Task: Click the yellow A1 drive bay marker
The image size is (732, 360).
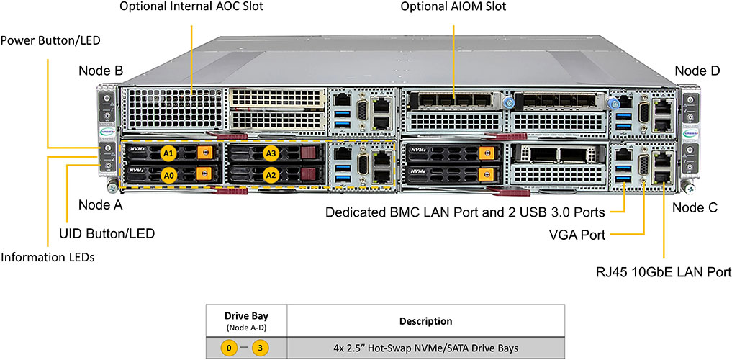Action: [x=168, y=153]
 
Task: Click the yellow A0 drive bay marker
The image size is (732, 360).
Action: [x=168, y=174]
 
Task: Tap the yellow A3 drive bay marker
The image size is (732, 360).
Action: [x=271, y=153]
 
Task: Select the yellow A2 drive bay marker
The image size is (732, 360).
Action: [x=271, y=174]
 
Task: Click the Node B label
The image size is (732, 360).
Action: [x=101, y=71]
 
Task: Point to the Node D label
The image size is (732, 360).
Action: [x=697, y=71]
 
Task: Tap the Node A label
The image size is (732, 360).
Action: [x=101, y=204]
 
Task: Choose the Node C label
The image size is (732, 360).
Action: [x=695, y=207]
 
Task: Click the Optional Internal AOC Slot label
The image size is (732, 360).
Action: [x=191, y=7]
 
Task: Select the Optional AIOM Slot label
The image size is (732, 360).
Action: [x=453, y=7]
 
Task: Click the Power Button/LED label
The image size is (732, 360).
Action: [x=50, y=40]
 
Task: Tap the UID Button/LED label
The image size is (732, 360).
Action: [x=107, y=233]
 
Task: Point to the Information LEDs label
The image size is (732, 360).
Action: [x=48, y=257]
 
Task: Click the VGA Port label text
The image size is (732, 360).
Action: [x=577, y=235]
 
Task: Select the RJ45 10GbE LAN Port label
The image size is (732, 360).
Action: [x=662, y=272]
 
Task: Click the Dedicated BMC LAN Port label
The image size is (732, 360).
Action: [x=465, y=212]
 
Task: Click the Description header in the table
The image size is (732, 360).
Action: [x=425, y=320]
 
